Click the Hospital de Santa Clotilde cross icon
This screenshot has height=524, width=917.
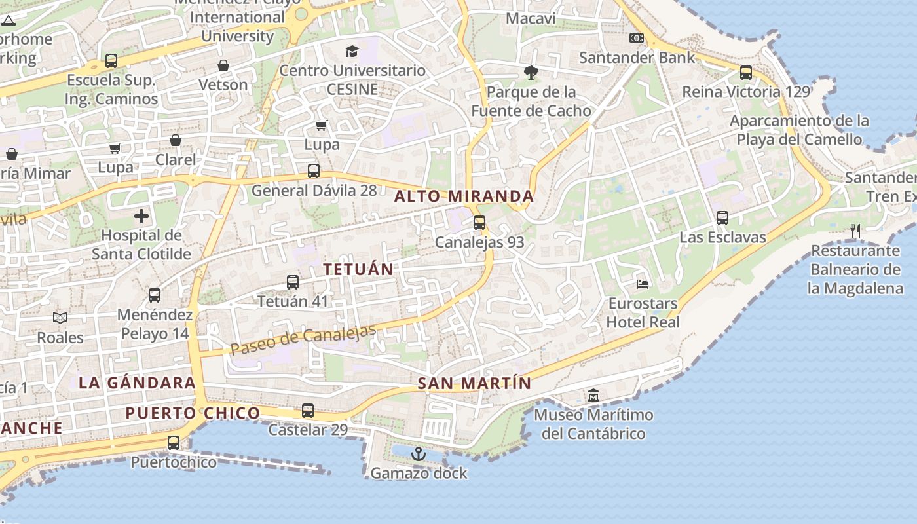click(x=141, y=216)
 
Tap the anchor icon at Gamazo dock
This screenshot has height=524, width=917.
click(x=419, y=453)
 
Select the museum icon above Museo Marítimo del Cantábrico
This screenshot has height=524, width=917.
click(x=593, y=395)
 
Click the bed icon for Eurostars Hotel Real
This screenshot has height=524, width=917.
click(x=643, y=284)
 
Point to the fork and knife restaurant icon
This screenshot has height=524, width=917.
click(x=855, y=231)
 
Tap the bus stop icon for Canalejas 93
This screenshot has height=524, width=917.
click(x=479, y=223)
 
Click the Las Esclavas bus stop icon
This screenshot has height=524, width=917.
click(x=722, y=218)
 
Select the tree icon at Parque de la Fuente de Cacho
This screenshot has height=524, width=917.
click(x=531, y=73)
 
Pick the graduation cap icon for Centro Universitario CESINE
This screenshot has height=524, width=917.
click(x=352, y=51)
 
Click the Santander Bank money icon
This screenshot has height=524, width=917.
click(x=636, y=38)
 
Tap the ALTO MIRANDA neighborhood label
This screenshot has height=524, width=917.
click(x=464, y=196)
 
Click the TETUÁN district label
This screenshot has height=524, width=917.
click(x=358, y=269)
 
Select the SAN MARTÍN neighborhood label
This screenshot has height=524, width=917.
click(x=474, y=384)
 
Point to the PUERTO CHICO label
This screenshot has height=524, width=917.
click(x=193, y=413)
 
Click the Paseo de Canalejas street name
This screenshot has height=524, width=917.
click(x=303, y=339)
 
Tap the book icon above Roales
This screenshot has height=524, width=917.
click(x=60, y=318)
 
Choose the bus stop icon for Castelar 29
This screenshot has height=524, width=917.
click(x=308, y=411)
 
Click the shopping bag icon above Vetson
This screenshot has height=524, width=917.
click(x=223, y=65)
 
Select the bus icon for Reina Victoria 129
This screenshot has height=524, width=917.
click(x=746, y=73)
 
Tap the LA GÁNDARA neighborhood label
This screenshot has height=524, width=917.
click(x=137, y=383)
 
